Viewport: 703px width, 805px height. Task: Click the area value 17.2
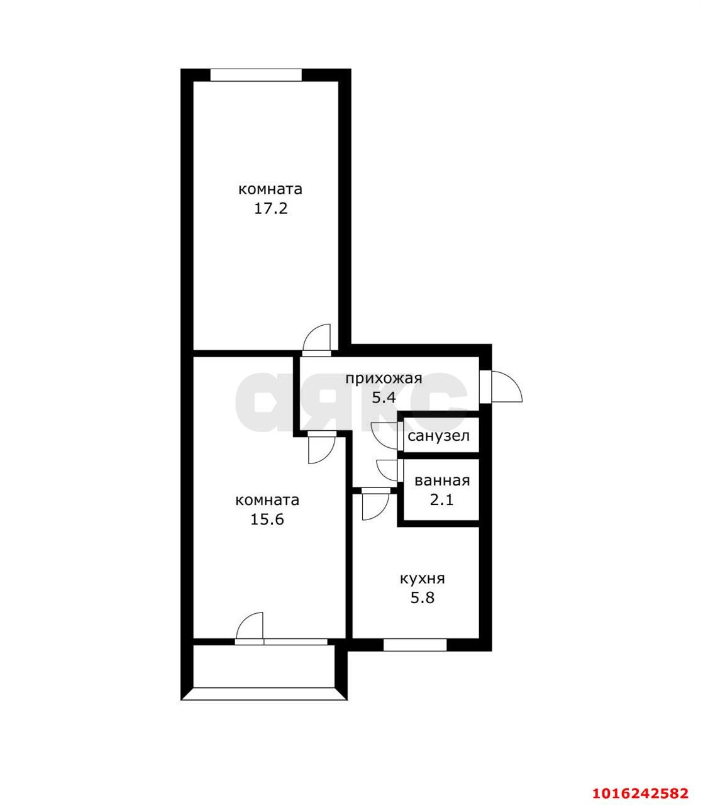pyautogui.click(x=270, y=208)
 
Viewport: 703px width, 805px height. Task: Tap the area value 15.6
pyautogui.click(x=267, y=519)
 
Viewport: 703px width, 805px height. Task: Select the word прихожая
pyautogui.click(x=384, y=379)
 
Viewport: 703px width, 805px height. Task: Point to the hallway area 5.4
pyautogui.click(x=384, y=397)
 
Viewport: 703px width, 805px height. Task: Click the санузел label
pyautogui.click(x=438, y=436)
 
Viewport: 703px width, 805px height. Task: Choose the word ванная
pyautogui.click(x=442, y=480)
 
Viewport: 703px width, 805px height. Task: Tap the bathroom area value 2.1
pyautogui.click(x=442, y=500)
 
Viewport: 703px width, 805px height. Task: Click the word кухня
pyautogui.click(x=423, y=579)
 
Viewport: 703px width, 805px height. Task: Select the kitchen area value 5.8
pyautogui.click(x=423, y=597)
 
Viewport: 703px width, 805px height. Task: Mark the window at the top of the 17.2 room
pyautogui.click(x=256, y=75)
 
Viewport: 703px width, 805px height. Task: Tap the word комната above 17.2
pyautogui.click(x=270, y=189)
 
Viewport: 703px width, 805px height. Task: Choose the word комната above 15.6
pyautogui.click(x=267, y=501)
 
